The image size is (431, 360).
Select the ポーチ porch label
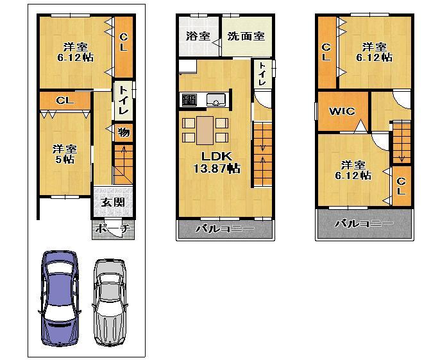pyautogui.click(x=112, y=228)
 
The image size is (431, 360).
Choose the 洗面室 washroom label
pyautogui.click(x=246, y=37)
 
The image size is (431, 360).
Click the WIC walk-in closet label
pyautogui.click(x=342, y=111)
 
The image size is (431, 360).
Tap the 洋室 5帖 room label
pyautogui.click(x=63, y=154)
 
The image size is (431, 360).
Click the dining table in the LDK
pyautogui.click(x=205, y=129)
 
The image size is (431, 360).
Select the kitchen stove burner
pyautogui.click(x=189, y=99)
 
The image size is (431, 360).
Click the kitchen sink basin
pyautogui.click(x=215, y=99)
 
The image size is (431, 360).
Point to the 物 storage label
pyautogui.click(x=124, y=133)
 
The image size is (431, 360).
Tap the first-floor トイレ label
pyautogui.click(x=124, y=101)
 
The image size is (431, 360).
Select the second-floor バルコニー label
pyautogui.click(x=224, y=228)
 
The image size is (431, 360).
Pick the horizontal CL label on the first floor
pyautogui.click(x=63, y=101)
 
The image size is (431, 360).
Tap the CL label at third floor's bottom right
pyautogui.click(x=401, y=186)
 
